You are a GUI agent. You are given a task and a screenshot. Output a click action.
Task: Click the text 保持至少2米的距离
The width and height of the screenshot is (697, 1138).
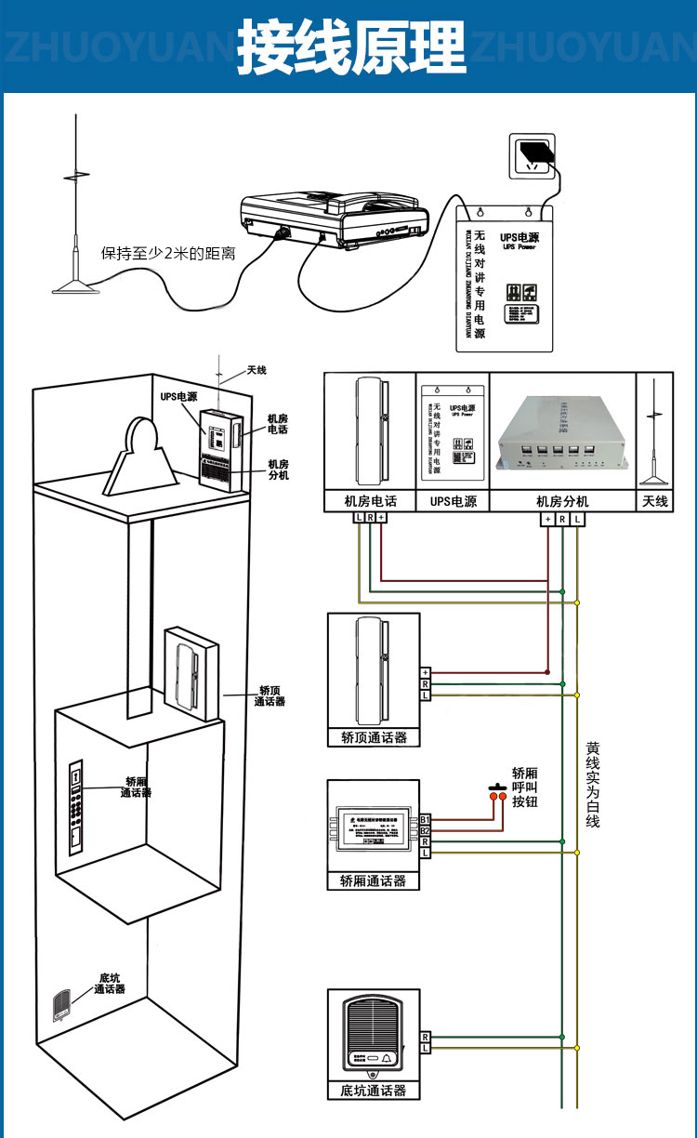[x=168, y=253]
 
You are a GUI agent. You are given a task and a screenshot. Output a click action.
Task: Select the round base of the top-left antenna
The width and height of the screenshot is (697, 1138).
[x=74, y=287]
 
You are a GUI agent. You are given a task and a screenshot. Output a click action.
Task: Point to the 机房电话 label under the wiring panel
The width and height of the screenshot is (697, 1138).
[x=370, y=501]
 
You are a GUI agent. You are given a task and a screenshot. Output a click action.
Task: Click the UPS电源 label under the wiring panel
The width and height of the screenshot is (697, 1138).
[x=453, y=501]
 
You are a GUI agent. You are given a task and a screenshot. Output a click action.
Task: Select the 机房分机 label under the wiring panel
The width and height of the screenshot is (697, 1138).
[x=562, y=501]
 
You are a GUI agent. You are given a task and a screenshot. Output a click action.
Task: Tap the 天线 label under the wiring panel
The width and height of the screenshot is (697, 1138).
[x=655, y=501]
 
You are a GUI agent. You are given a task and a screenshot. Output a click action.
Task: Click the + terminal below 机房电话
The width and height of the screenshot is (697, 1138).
[x=381, y=517]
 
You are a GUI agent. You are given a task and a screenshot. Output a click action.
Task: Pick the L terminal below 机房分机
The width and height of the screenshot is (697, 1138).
[x=578, y=518]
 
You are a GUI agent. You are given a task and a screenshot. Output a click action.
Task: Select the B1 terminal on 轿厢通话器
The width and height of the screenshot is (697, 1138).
[x=425, y=819]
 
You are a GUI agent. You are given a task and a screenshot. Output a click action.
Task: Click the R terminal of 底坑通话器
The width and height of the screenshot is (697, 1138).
[x=425, y=1036]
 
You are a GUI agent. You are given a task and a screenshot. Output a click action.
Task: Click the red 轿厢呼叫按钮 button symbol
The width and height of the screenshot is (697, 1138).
[x=498, y=796]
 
